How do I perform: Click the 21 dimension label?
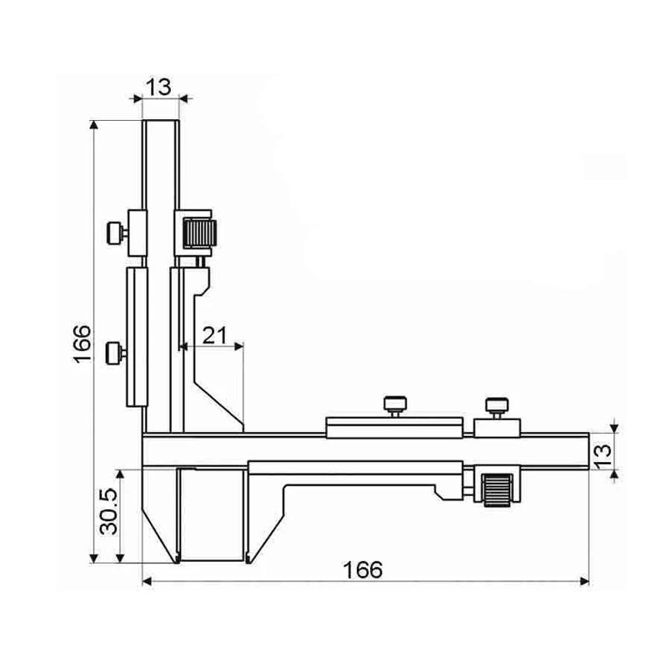215,336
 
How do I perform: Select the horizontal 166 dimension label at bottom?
363,570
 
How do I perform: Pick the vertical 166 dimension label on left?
82,344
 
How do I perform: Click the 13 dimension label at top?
158,88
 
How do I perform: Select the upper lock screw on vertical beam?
117,233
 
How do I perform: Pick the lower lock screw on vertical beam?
117,353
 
